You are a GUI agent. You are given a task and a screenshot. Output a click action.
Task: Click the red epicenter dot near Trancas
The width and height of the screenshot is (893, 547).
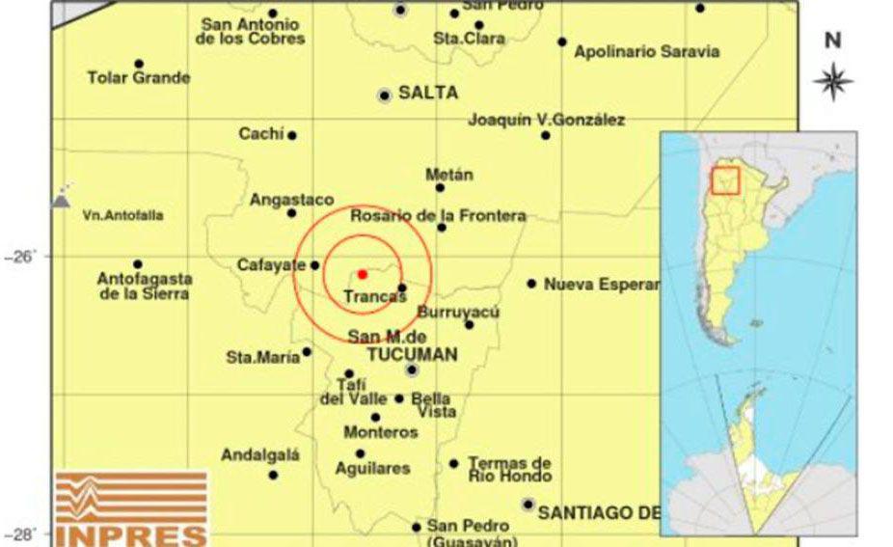[x=362, y=274]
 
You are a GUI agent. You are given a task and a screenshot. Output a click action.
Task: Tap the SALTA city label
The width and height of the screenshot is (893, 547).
[x=427, y=93]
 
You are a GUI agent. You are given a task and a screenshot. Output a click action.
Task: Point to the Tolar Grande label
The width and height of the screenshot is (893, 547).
[x=138, y=77]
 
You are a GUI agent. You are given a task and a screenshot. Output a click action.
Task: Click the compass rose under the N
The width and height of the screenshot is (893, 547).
[x=832, y=81]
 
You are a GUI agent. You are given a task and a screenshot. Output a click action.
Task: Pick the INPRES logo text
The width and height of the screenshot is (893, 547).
[x=131, y=535]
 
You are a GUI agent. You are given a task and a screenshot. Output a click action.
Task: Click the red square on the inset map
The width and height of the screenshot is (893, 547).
[x=725, y=180]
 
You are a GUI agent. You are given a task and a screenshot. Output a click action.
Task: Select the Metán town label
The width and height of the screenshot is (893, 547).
[x=449, y=175]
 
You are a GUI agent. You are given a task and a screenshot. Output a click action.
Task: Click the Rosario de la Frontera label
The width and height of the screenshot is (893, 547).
[x=438, y=215]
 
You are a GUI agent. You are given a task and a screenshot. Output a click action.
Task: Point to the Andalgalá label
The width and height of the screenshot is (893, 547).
[x=260, y=454]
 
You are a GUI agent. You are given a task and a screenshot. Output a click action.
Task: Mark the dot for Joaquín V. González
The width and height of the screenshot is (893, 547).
[x=546, y=135]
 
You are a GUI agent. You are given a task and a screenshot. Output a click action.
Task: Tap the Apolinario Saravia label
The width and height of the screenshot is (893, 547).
[x=646, y=51]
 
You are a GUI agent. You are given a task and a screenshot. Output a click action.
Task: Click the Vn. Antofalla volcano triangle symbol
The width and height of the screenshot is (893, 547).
[x=61, y=200]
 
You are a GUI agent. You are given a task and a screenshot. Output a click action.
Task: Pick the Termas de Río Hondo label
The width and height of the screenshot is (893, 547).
[x=509, y=470]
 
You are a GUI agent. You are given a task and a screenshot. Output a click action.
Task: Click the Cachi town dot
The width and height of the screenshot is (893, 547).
[x=292, y=135]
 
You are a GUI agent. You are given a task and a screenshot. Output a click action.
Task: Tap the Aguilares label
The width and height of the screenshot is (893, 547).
[x=371, y=468]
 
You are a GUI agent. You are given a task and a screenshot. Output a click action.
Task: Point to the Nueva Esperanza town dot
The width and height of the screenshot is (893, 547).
[x=531, y=284]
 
